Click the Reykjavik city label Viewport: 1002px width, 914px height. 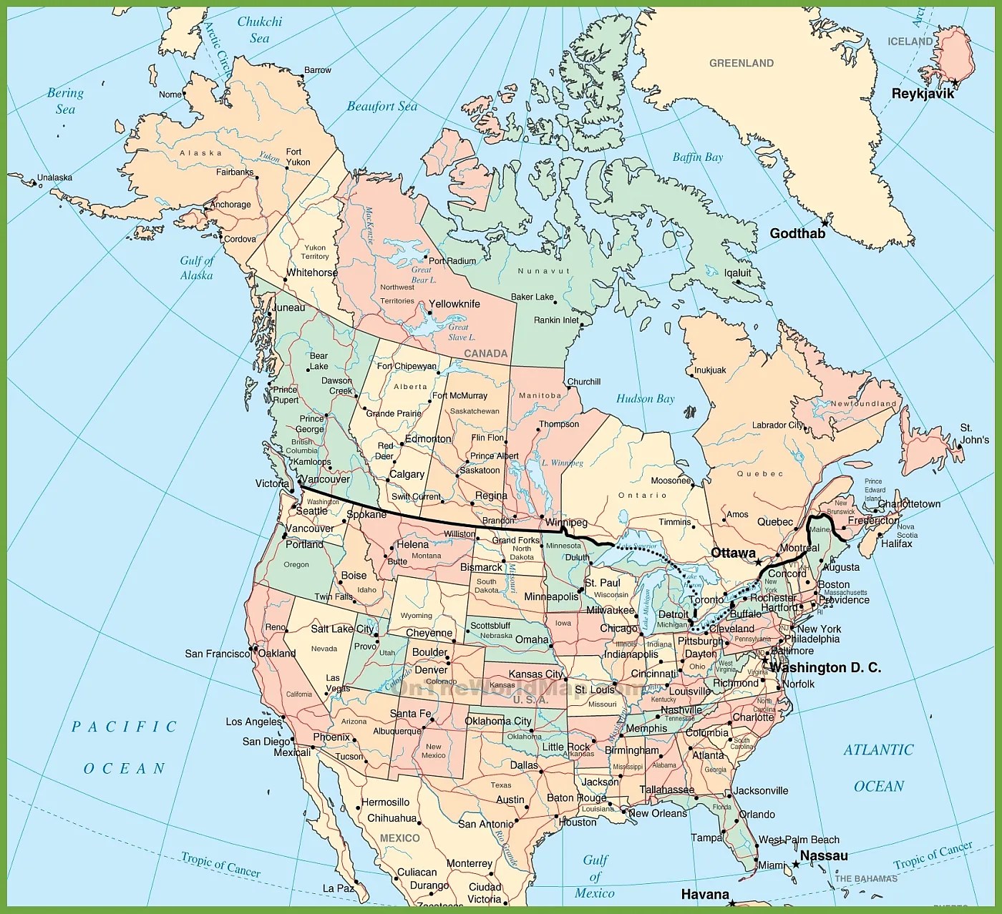point(923,94)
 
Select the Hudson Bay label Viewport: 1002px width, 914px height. point(646,398)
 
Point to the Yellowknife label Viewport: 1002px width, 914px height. point(454,304)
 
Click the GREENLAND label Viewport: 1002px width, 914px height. point(741,63)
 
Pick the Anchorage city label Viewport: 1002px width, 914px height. point(230,205)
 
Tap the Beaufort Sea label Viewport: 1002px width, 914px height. point(381,107)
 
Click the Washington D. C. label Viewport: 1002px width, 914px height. point(825,667)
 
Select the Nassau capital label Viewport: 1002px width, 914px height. point(824,855)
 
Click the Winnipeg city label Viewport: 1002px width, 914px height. point(566,523)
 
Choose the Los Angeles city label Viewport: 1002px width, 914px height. point(254,722)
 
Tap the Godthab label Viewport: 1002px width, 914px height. point(797,233)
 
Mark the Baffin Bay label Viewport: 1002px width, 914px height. point(698,157)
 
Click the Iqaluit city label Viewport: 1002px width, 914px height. point(738,272)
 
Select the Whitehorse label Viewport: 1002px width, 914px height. point(312,272)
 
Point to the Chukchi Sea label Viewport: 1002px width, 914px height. point(260,29)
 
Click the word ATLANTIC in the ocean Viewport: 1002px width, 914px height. point(878,750)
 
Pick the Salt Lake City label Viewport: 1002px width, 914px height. point(342,629)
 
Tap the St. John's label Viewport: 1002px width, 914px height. point(974,433)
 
